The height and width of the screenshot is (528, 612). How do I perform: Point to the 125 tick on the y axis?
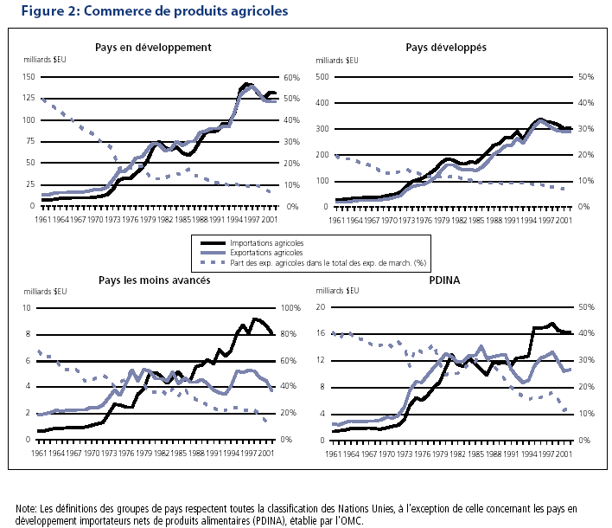pyautogui.click(x=29, y=98)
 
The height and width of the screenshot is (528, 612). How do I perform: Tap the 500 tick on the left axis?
pyautogui.click(x=324, y=77)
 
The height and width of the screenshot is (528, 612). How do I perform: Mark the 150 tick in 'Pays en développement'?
pyautogui.click(x=29, y=77)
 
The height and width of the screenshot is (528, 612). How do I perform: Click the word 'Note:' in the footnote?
pyautogui.click(x=28, y=508)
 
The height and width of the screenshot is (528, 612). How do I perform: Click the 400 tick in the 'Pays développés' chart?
pyautogui.click(x=324, y=103)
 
